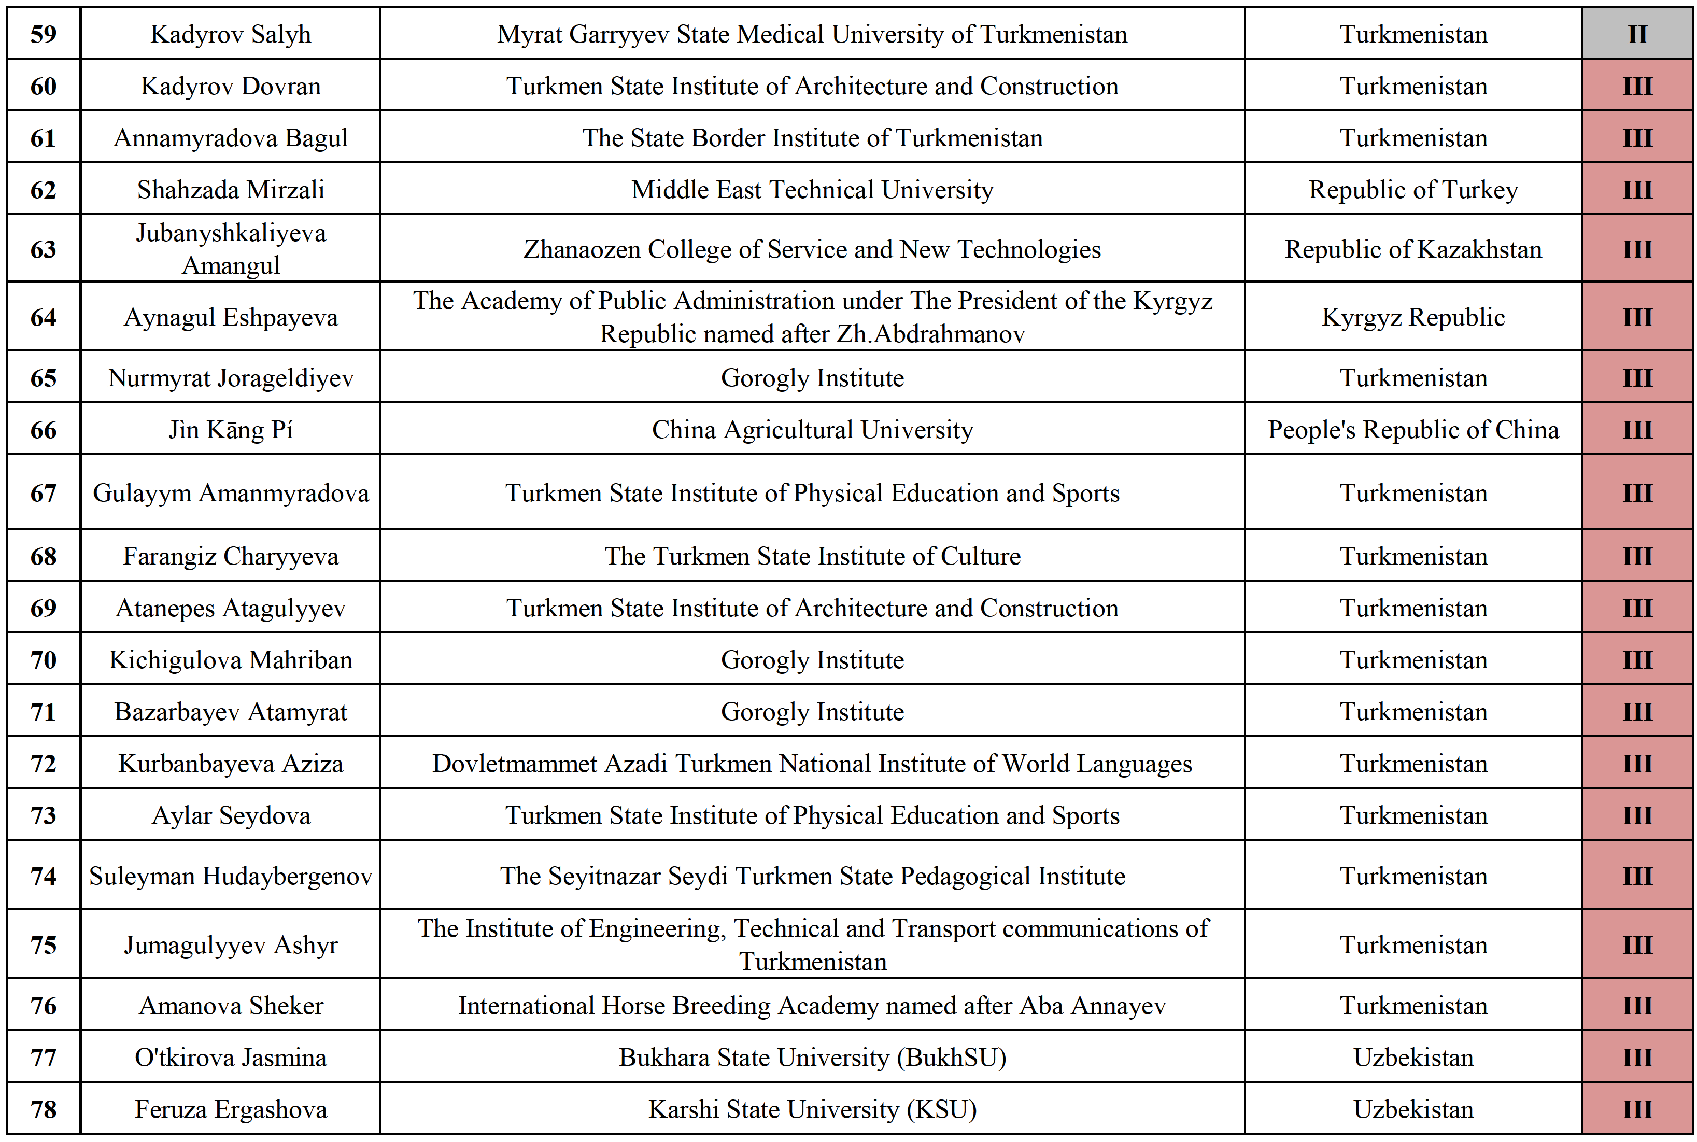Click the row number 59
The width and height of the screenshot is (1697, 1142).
tap(43, 34)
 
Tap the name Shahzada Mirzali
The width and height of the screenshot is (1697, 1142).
tap(231, 189)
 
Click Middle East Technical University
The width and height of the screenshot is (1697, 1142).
tap(812, 189)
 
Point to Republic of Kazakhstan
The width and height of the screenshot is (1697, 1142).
tap(1412, 249)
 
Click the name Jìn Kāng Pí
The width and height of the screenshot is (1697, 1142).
tap(231, 430)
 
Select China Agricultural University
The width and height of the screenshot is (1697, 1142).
tap(812, 430)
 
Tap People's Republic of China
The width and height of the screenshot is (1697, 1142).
tap(1412, 430)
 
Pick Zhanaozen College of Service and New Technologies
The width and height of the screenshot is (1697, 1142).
tap(812, 249)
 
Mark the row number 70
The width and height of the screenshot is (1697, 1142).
tap(43, 660)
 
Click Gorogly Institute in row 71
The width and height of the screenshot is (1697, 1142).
tap(812, 712)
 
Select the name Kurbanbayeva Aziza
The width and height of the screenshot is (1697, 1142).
tap(231, 763)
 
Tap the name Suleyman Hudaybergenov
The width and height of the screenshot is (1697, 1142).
tap(231, 876)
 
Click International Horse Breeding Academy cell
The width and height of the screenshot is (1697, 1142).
tap(812, 1006)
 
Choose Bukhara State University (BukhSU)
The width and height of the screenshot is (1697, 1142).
tap(812, 1058)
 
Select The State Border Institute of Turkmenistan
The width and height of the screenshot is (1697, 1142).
tap(812, 138)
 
